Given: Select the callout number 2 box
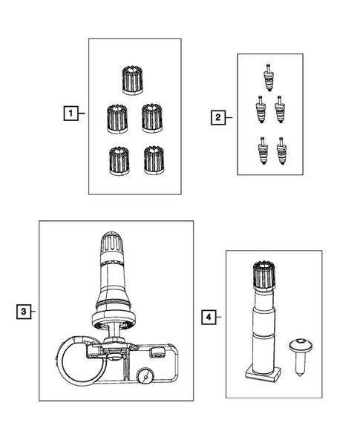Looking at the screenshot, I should [x=217, y=116].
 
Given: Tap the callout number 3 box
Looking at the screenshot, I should [x=24, y=312].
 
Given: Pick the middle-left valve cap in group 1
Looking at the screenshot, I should [x=117, y=116].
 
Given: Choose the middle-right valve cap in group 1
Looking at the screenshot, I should [x=152, y=116].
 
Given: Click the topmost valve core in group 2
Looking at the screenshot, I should [x=268, y=76].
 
